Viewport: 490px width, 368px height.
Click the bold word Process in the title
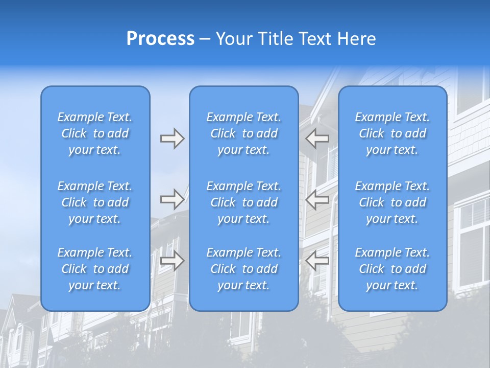click(160, 39)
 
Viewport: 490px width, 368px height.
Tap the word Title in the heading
click(275, 39)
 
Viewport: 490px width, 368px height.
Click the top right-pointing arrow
click(172, 139)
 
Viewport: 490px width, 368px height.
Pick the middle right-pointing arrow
click(172, 199)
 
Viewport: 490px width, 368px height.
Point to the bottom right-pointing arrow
click(172, 261)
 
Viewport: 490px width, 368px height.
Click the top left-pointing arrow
click(317, 139)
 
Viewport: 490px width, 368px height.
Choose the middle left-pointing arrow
click(317, 199)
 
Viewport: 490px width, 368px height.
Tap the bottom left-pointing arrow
click(317, 261)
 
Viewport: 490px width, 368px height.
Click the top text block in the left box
click(95, 133)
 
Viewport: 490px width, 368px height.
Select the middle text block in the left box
click(95, 202)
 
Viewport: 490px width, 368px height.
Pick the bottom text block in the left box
click(95, 269)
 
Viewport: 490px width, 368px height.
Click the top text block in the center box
click(243, 133)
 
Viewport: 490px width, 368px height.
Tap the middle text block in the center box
click(243, 202)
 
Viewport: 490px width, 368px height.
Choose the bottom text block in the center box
click(243, 269)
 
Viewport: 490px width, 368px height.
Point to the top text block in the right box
click(392, 133)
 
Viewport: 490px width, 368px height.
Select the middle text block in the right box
click(392, 202)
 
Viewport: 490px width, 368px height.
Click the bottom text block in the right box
click(392, 269)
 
